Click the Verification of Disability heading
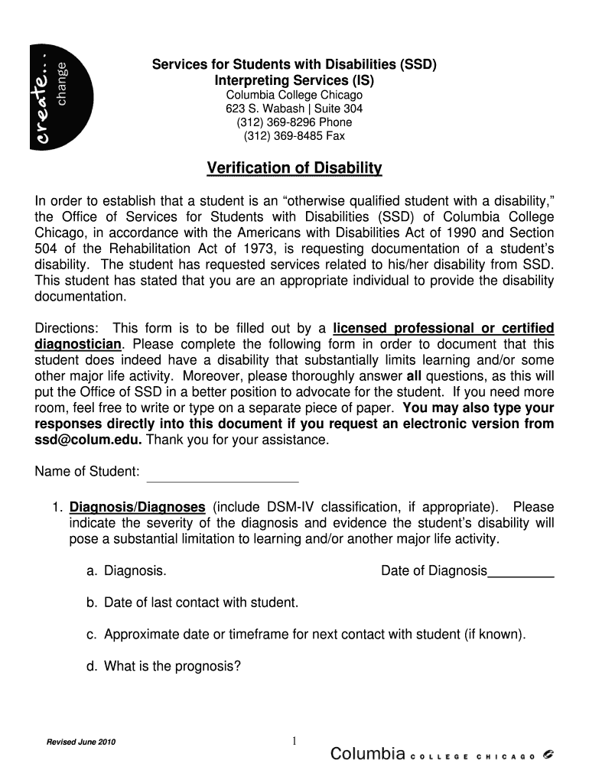294,168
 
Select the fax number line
294,136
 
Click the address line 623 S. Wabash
294,109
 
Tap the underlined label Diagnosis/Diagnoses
138,507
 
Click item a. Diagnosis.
127,570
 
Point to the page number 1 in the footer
294,740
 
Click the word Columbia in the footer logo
367,755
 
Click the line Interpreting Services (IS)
294,80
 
